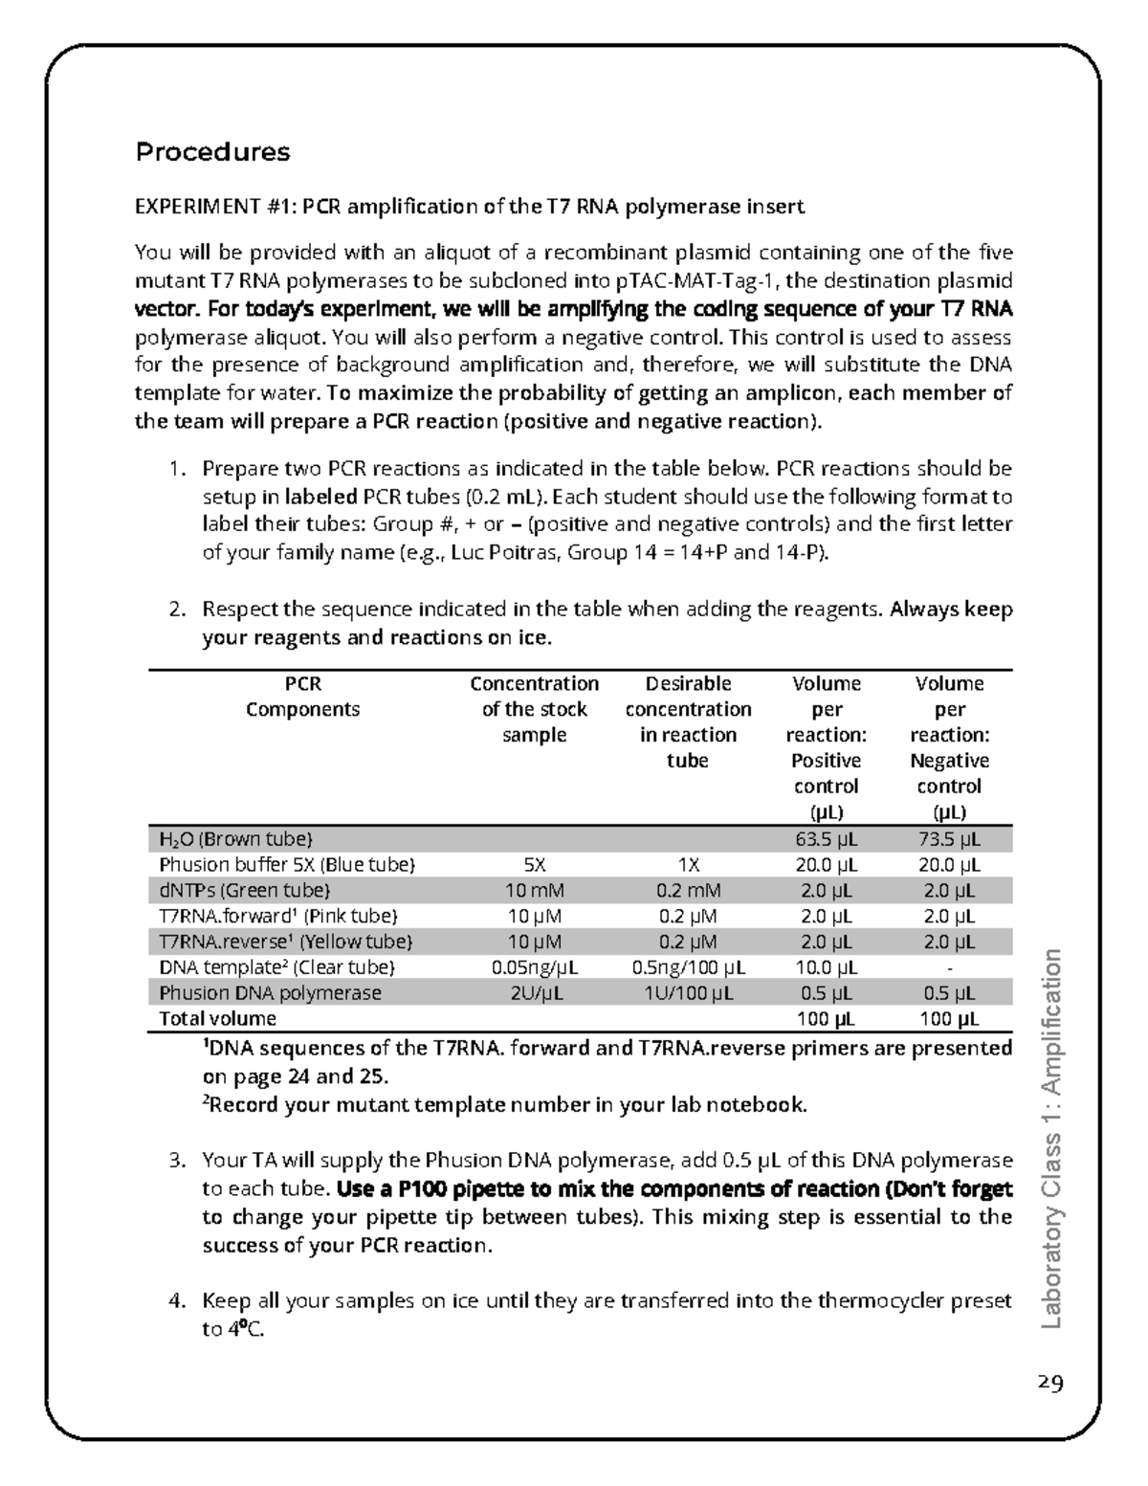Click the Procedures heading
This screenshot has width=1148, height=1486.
(212, 152)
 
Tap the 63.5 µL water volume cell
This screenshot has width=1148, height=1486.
(826, 840)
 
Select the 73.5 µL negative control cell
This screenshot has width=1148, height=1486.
(949, 840)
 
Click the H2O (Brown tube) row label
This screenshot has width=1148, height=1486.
(235, 840)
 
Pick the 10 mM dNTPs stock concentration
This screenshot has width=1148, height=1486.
(534, 891)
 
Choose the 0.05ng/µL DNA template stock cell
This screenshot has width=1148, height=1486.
(534, 967)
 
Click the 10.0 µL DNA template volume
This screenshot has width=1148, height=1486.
(826, 967)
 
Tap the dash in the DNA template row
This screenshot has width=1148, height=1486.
(949, 967)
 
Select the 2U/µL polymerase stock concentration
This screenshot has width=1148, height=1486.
(534, 993)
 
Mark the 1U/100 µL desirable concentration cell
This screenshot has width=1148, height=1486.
(687, 993)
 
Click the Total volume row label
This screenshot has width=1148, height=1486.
(217, 1019)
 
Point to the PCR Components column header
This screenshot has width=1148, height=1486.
(302, 697)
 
